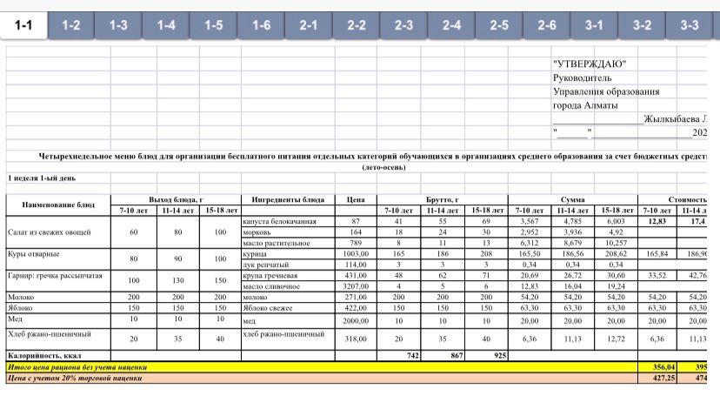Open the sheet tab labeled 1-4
coord(166,25)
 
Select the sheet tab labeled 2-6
coord(546,25)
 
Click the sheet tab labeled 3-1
coord(594,25)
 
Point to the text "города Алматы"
coord(585,105)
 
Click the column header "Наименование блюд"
coord(58,205)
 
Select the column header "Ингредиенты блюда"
coord(288,199)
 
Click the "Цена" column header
coord(355,199)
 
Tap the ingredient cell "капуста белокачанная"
coord(279,222)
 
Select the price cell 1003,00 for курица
coord(356,253)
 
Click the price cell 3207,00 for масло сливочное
coord(356,285)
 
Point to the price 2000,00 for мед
coord(356,319)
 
